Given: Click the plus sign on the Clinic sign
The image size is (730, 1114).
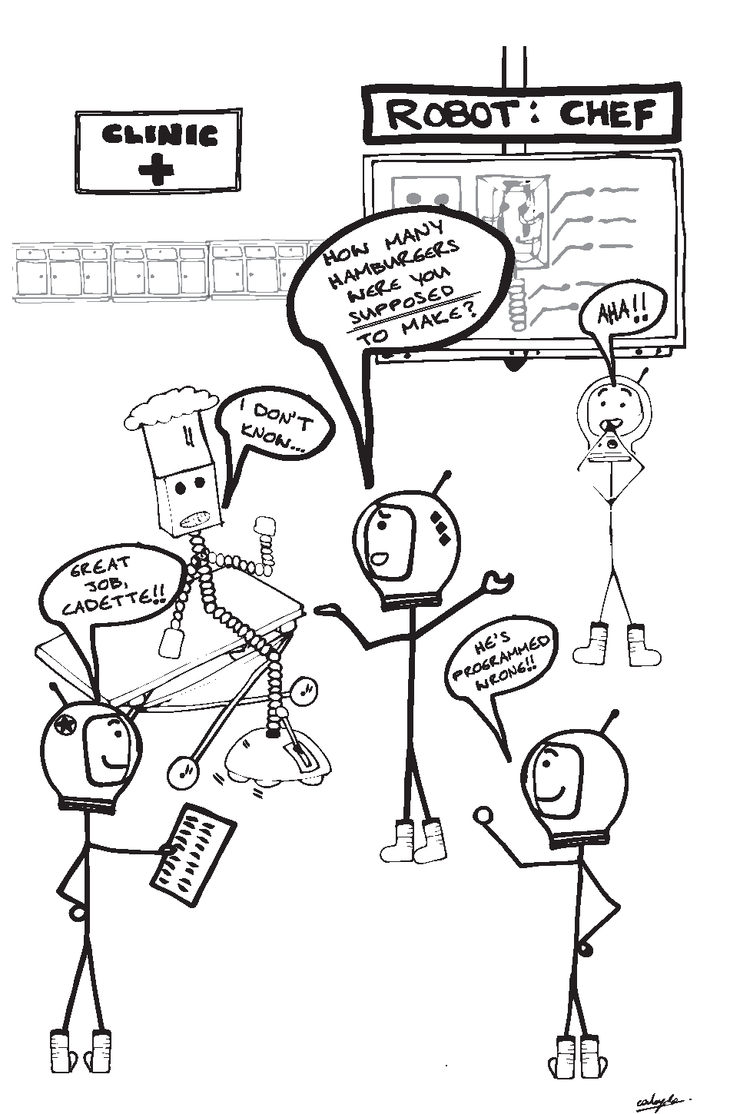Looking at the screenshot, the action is pos(158,170).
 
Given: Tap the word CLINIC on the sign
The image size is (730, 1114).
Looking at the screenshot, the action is pos(159,136).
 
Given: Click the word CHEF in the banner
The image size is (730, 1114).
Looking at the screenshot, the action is pos(607,114).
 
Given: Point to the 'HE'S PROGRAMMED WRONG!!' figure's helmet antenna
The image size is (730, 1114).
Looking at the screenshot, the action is pos(612,719).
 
